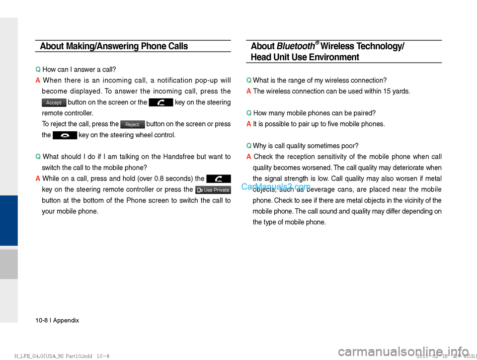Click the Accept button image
click(54, 103)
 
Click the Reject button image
click(132, 124)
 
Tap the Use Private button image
click(213, 190)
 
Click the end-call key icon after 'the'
click(65, 135)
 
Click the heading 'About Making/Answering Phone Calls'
click(114, 46)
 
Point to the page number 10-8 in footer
click(42, 321)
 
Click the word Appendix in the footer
click(66, 321)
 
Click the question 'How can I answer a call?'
click(79, 70)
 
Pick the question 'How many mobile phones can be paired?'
click(314, 113)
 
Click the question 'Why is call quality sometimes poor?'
click(306, 146)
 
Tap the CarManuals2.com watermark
click(276, 187)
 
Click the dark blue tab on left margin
click(8, 220)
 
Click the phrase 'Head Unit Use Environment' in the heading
click(305, 57)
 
